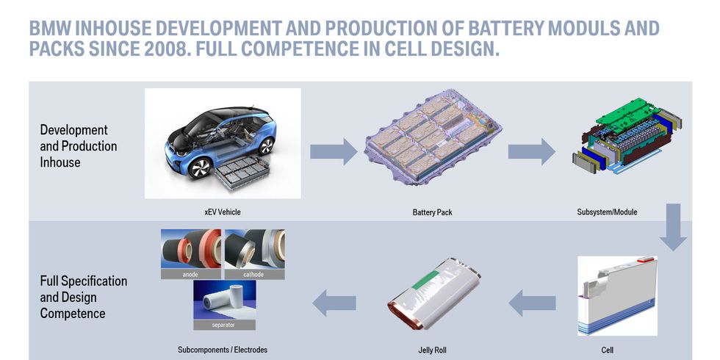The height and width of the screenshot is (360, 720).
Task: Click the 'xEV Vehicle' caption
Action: tap(222, 212)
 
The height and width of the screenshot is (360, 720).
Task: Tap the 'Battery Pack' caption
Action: tap(432, 212)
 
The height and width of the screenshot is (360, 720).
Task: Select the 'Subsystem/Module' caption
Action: tap(607, 212)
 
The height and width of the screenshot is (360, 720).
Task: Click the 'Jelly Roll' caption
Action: tap(432, 350)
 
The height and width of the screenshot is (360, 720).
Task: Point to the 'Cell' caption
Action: tap(607, 350)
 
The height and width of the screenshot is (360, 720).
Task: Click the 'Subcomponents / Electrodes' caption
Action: tap(222, 350)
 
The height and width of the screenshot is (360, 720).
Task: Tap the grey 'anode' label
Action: tap(190, 274)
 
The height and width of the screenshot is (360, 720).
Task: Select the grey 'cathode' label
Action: tap(254, 274)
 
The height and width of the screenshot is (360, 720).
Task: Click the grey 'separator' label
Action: tap(224, 325)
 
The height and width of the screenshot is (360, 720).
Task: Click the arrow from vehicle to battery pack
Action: tap(334, 151)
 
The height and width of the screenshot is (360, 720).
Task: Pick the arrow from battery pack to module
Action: tap(531, 151)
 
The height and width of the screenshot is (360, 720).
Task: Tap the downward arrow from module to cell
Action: tap(673, 227)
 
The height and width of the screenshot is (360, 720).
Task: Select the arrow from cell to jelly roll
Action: tap(532, 303)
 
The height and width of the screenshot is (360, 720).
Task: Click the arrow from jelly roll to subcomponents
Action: tap(334, 303)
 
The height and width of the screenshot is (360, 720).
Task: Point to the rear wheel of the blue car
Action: tap(266, 146)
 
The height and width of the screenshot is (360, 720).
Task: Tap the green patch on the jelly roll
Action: tap(426, 280)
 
